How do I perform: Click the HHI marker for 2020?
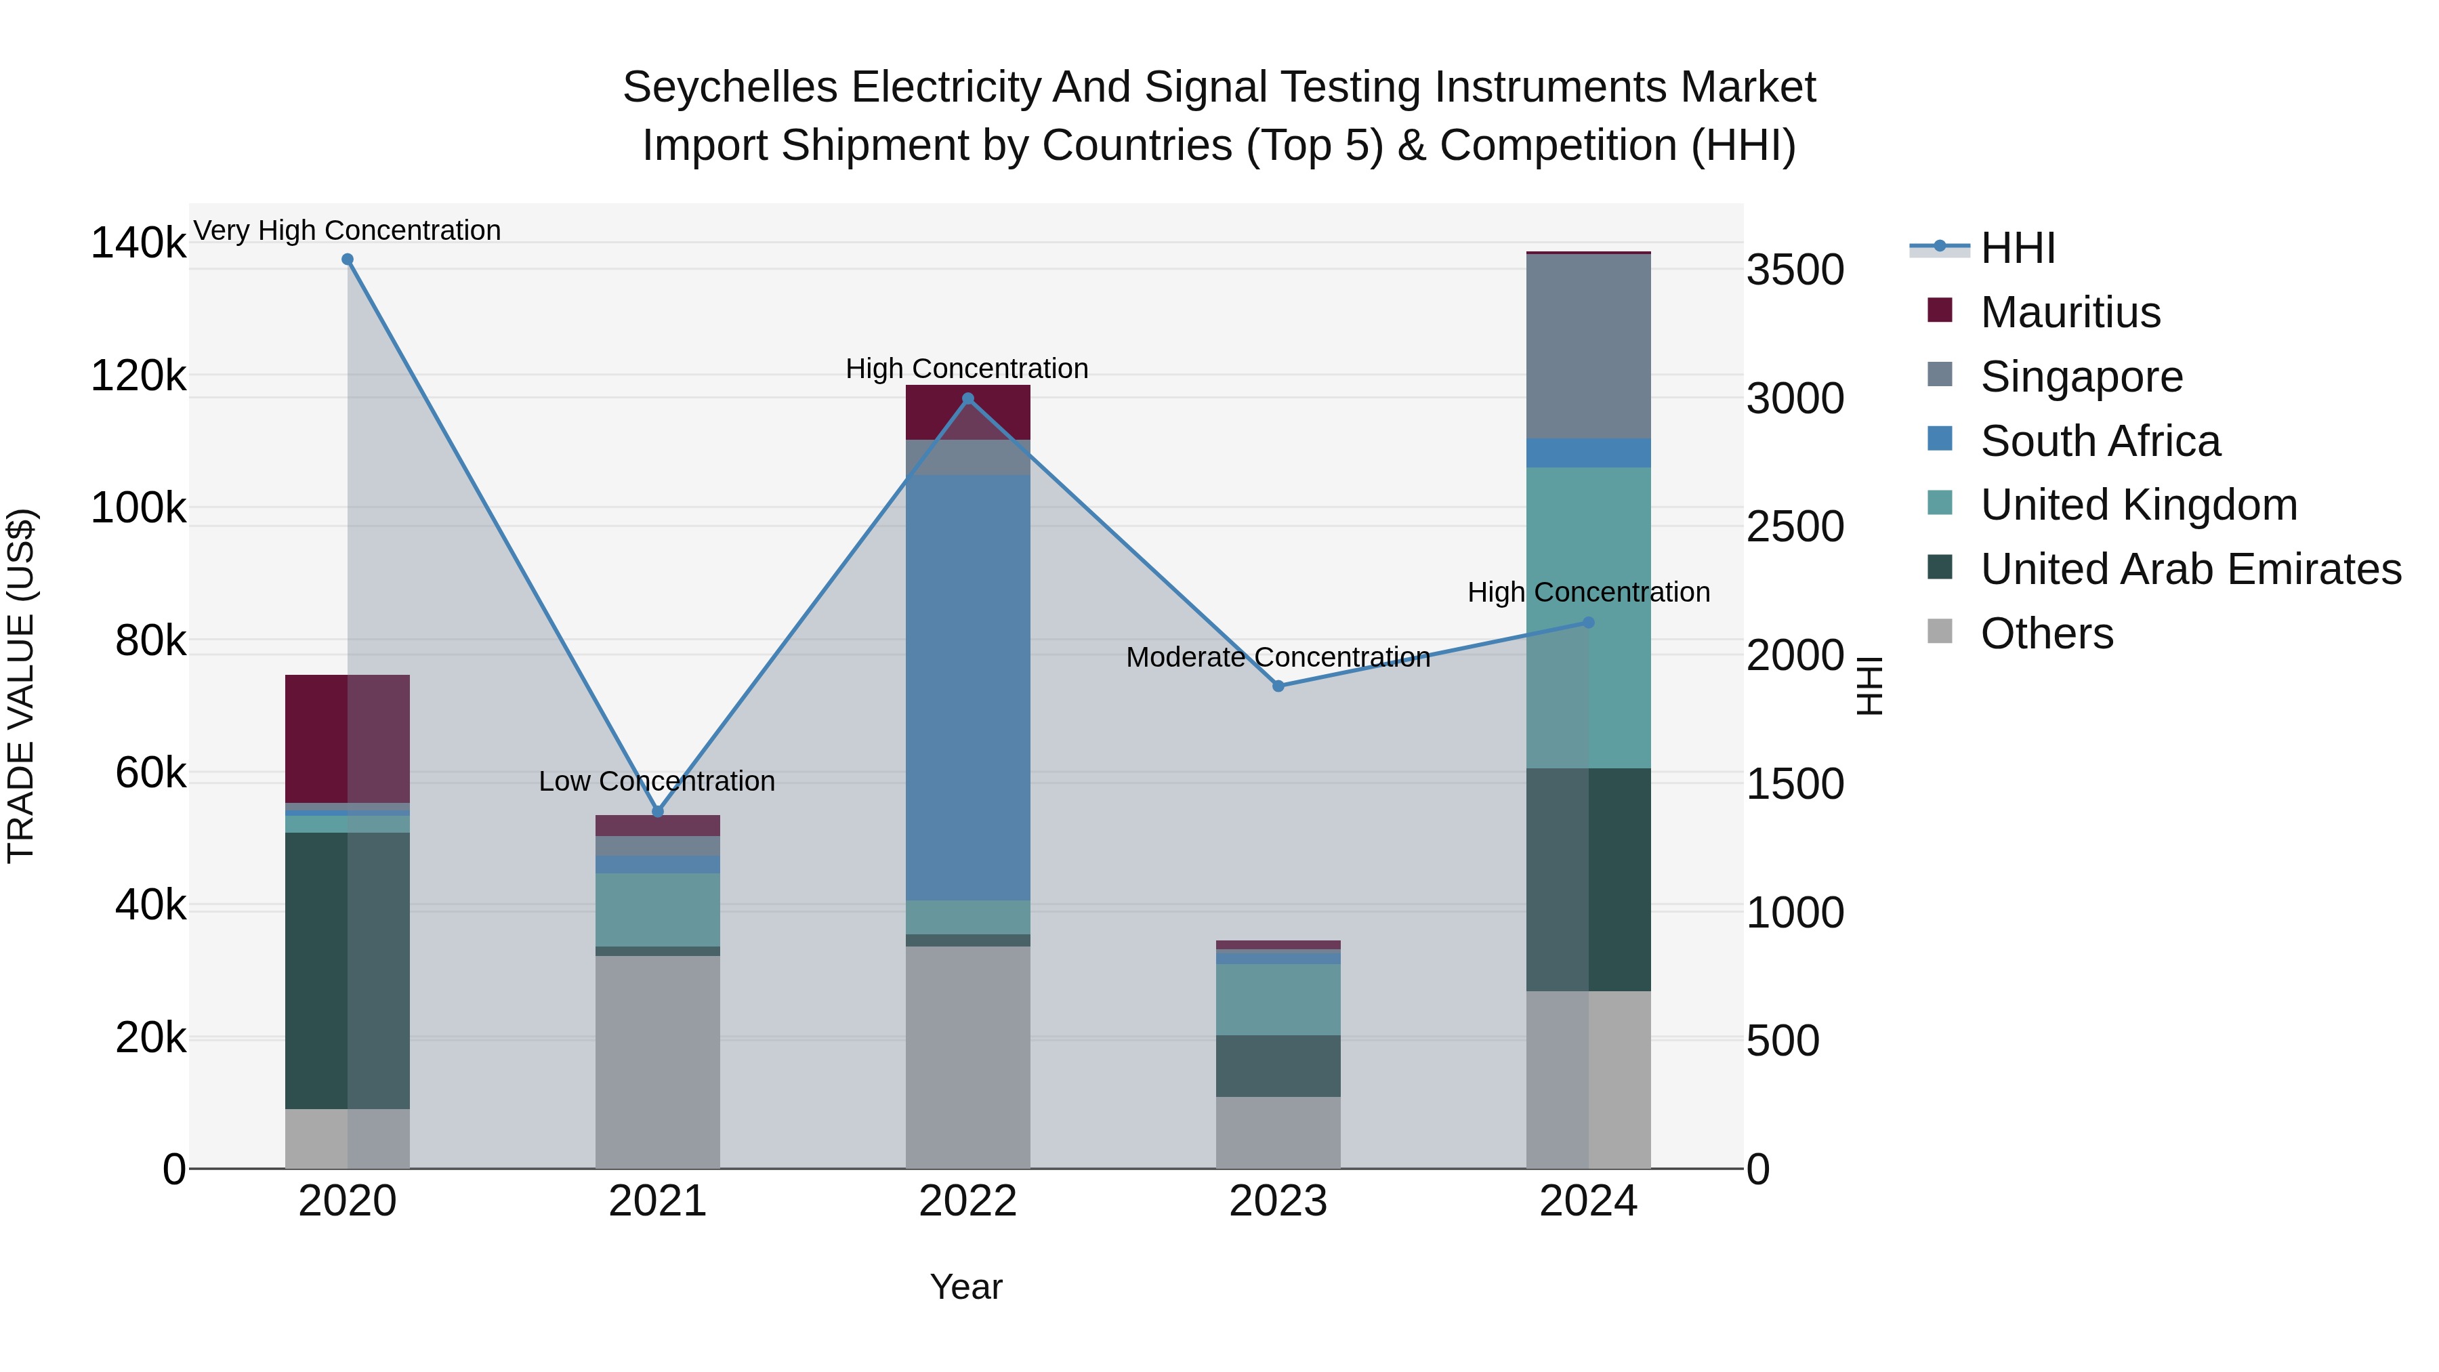click(x=348, y=259)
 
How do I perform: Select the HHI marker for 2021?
click(x=658, y=812)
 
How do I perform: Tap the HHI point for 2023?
click(x=1278, y=686)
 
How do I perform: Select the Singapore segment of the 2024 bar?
click(x=1589, y=346)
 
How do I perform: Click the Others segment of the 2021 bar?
click(x=658, y=1060)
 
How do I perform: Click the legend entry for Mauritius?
click(x=2069, y=312)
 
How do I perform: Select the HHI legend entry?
click(x=2017, y=248)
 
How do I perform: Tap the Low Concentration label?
click(x=657, y=781)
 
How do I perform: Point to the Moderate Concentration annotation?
click(x=1278, y=657)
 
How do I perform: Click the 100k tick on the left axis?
click(x=138, y=508)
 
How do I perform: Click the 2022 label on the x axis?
click(x=967, y=1201)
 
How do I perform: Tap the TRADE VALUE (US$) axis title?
click(x=21, y=686)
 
